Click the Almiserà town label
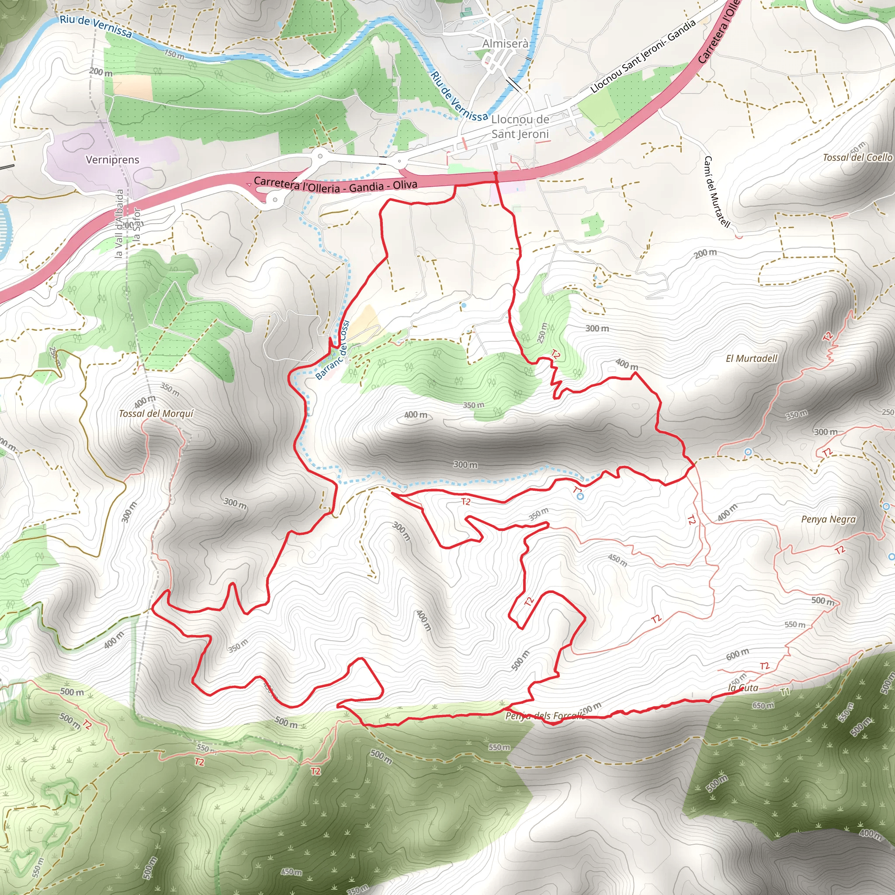tap(505, 44)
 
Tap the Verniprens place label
tap(113, 160)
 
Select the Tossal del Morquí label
tap(156, 414)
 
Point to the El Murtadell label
tap(751, 358)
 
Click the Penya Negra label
tap(828, 519)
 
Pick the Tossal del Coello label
tap(857, 157)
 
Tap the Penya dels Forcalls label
tap(545, 716)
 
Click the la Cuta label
tap(743, 687)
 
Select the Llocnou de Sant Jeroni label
tap(520, 126)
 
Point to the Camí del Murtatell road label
tap(716, 192)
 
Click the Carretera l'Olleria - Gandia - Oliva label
tap(335, 184)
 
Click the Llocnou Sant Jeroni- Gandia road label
tap(643, 56)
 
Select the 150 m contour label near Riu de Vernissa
tap(174, 54)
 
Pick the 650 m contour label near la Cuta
tap(763, 705)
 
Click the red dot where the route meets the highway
tap(496, 173)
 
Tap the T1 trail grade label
tap(785, 692)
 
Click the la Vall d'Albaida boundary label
tap(119, 223)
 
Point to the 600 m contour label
tap(737, 654)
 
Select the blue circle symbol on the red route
tap(580, 496)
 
